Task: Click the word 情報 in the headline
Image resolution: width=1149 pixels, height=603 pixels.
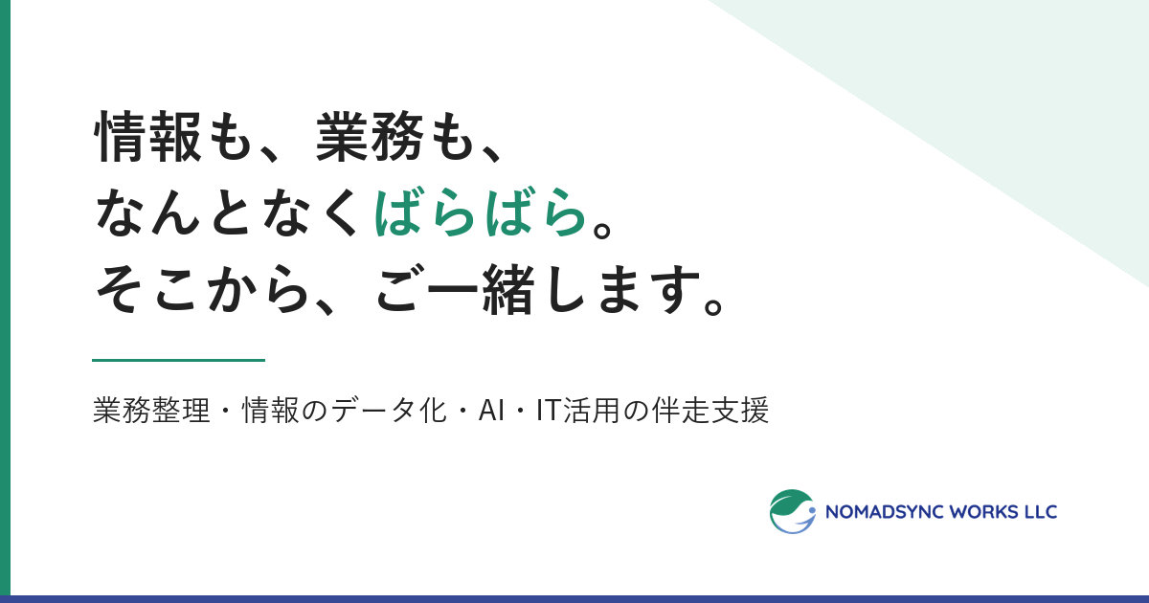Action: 147,136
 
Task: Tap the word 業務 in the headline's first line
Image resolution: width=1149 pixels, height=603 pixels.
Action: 370,136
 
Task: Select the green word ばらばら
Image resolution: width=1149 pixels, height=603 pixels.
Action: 480,212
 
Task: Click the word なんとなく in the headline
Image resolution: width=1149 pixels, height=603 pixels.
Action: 227,212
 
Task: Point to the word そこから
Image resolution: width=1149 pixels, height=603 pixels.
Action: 203,289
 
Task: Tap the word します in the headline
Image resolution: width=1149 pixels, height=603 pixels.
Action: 622,289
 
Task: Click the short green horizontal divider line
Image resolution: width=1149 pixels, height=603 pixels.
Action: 178,361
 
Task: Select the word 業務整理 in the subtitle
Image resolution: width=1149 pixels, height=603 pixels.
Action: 151,411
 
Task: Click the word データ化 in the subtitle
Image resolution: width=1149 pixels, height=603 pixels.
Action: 389,411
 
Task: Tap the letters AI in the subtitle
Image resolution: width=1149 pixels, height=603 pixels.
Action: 491,412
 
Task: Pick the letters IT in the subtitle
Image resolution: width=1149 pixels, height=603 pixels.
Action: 549,412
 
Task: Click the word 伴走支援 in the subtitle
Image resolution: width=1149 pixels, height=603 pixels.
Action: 710,411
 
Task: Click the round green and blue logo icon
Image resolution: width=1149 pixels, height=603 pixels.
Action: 793,511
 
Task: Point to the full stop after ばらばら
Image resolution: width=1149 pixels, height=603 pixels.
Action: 602,228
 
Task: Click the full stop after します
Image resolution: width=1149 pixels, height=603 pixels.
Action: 713,304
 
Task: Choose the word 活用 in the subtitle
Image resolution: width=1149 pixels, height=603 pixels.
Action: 592,411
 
